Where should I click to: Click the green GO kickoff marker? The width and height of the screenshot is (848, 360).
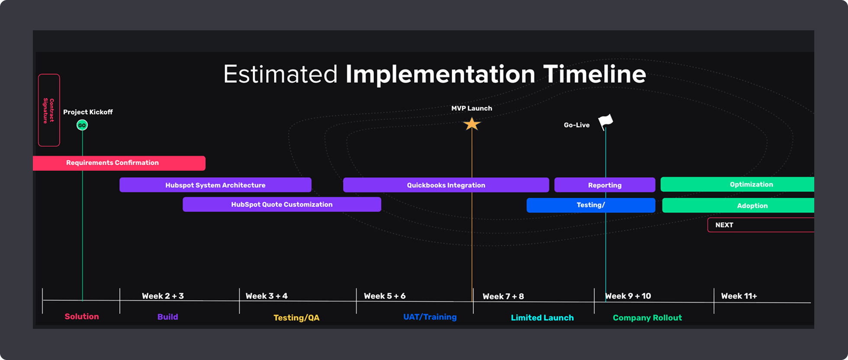[82, 125]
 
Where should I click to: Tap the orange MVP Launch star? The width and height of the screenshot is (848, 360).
[472, 124]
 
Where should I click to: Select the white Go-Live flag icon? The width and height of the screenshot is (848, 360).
[605, 122]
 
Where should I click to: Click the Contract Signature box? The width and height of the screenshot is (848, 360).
[49, 110]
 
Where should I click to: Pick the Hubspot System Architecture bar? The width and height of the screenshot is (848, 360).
[215, 185]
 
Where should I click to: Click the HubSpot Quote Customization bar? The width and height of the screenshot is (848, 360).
[282, 204]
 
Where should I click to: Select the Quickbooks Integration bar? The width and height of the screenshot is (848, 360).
[446, 185]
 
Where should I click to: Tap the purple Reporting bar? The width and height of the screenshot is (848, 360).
[604, 185]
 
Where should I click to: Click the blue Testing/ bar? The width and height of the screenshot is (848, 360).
[591, 205]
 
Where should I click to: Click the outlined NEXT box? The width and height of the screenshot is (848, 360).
[761, 225]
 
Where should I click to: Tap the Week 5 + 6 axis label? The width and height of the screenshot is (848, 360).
[385, 296]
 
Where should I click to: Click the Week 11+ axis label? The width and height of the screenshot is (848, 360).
[739, 296]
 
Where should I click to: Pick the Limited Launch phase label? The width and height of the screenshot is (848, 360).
[542, 318]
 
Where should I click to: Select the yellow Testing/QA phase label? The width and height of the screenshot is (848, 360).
[296, 318]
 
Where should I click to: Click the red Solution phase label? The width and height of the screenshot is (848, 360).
[82, 316]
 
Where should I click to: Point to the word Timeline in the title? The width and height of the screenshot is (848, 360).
[594, 74]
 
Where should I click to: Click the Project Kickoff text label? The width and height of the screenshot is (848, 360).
[88, 112]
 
